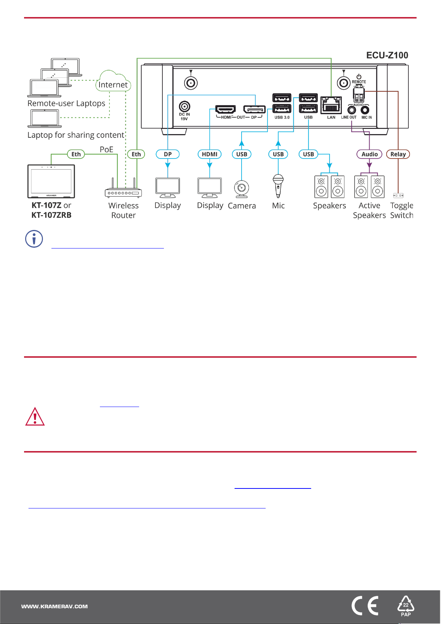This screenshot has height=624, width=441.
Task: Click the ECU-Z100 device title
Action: pos(387,55)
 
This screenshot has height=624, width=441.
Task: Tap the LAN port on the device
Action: pos(331,105)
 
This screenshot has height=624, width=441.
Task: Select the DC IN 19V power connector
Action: pos(185,106)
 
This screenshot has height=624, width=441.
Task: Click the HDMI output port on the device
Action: pos(226,109)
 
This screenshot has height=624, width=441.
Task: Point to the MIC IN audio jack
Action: pos(365,110)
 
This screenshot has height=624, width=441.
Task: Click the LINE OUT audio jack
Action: pos(352,110)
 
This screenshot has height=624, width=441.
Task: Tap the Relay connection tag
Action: pos(398,154)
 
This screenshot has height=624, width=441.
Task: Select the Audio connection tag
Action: pos(370,154)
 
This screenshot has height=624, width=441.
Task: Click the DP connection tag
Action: pos(168,154)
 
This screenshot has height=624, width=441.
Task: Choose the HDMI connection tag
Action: pos(209,154)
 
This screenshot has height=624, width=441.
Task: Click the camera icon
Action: pos(242,189)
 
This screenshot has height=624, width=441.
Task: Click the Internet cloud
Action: pos(113,81)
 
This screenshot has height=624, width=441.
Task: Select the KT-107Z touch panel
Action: pos(51,181)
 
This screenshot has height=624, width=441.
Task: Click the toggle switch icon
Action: pos(398,195)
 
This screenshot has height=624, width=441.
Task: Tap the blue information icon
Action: pos(34,239)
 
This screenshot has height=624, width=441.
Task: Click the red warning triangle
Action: pos(35,417)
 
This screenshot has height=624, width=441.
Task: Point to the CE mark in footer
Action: pos(365,605)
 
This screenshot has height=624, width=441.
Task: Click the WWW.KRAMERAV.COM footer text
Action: pos(54,607)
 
